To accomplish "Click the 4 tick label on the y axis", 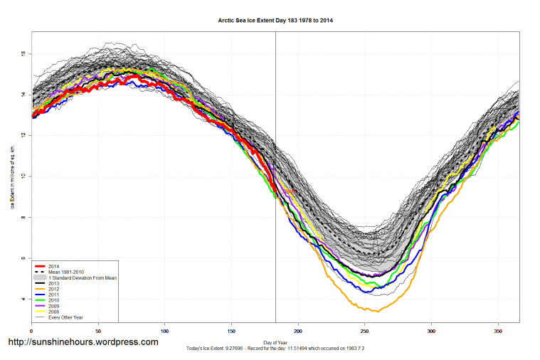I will [23, 299].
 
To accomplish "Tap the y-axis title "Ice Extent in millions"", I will [12, 176].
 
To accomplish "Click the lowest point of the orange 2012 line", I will [377, 312].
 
